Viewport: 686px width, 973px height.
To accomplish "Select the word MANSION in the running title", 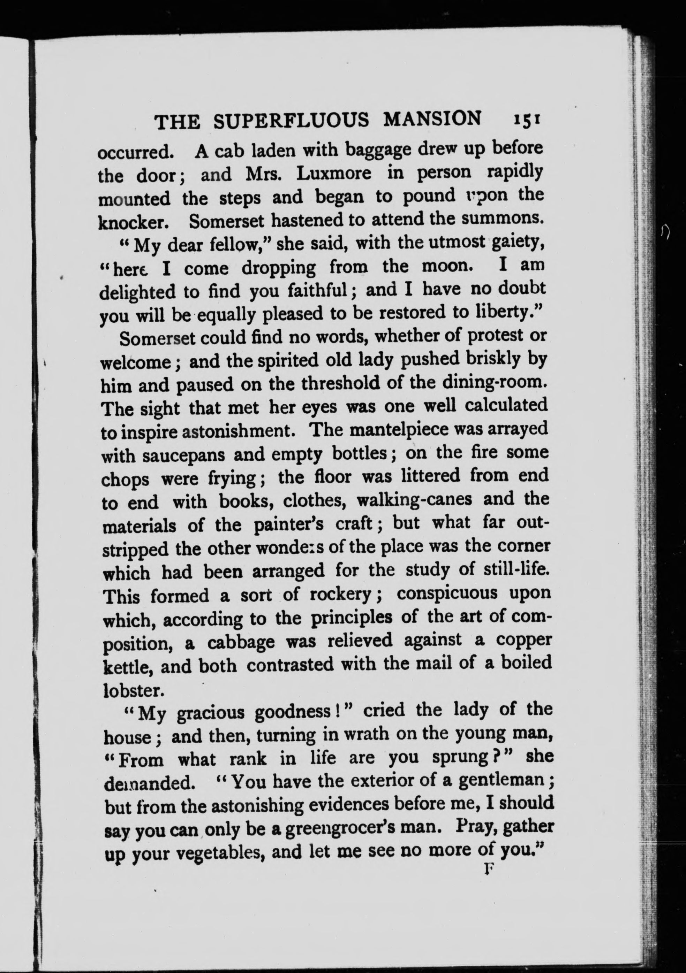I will click(432, 119).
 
